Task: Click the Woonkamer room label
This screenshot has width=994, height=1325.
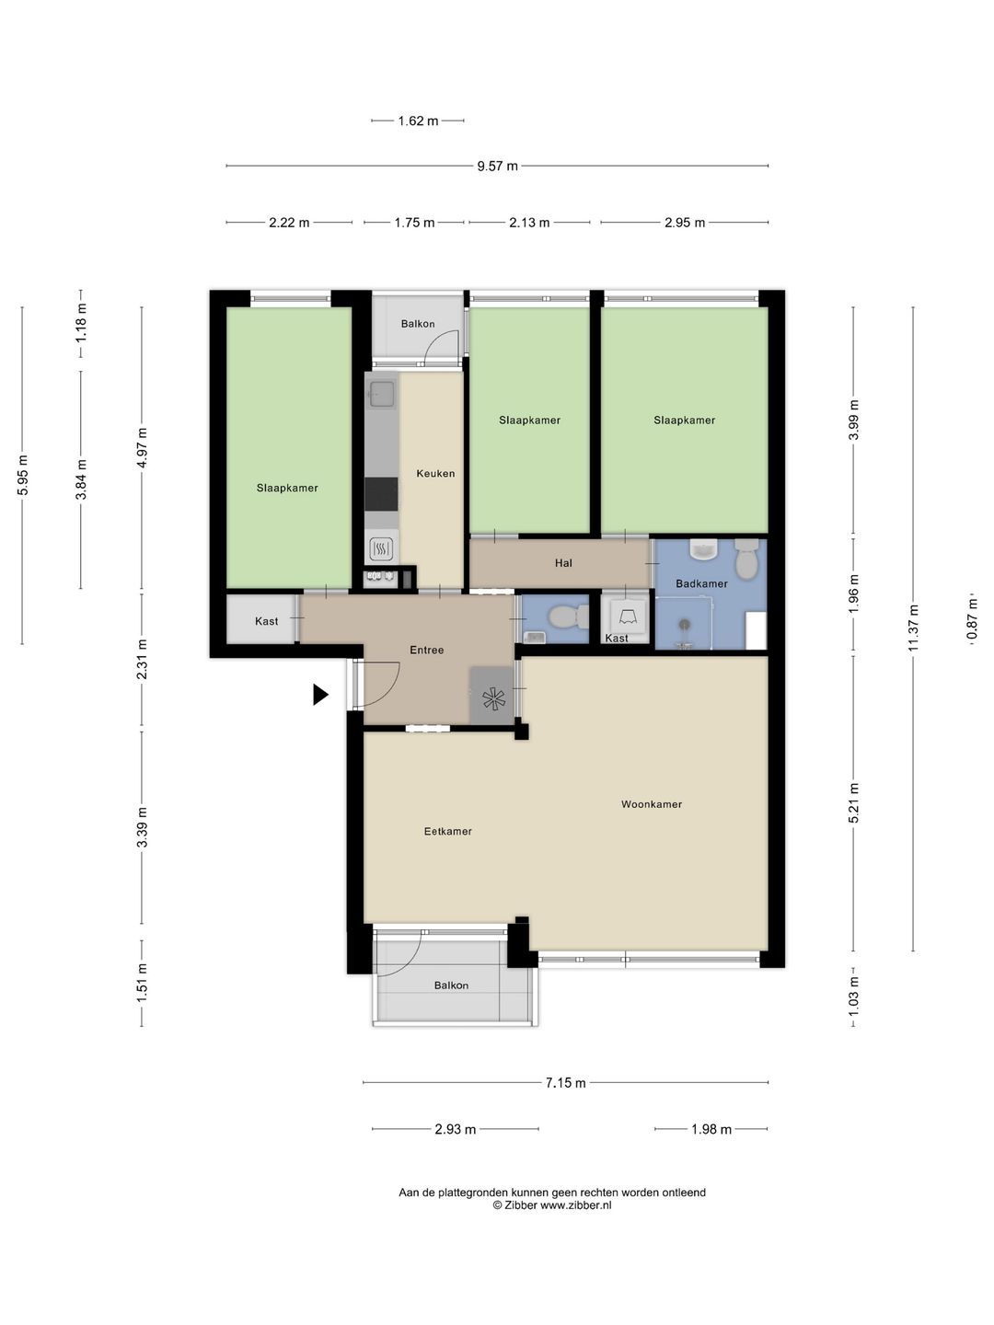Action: (652, 804)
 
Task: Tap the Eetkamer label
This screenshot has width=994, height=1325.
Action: (448, 831)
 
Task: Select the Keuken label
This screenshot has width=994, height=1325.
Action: (435, 474)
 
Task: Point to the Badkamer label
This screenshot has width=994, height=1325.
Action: (701, 583)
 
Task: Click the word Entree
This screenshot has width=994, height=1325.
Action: (427, 651)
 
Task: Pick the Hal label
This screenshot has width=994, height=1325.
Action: (563, 563)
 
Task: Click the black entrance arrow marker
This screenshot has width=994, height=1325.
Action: (320, 695)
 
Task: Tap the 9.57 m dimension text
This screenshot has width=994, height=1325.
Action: (497, 166)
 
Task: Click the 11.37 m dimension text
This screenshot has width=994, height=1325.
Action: (913, 628)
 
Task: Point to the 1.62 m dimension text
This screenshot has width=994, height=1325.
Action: (418, 121)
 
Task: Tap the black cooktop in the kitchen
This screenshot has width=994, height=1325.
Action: (381, 494)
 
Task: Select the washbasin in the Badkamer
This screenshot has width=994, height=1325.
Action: (702, 548)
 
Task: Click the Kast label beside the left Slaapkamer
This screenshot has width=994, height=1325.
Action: (266, 621)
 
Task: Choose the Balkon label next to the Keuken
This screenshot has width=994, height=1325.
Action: (418, 324)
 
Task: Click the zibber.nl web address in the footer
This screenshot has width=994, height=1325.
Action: (576, 1204)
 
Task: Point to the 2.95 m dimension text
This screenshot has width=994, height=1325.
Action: (685, 223)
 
